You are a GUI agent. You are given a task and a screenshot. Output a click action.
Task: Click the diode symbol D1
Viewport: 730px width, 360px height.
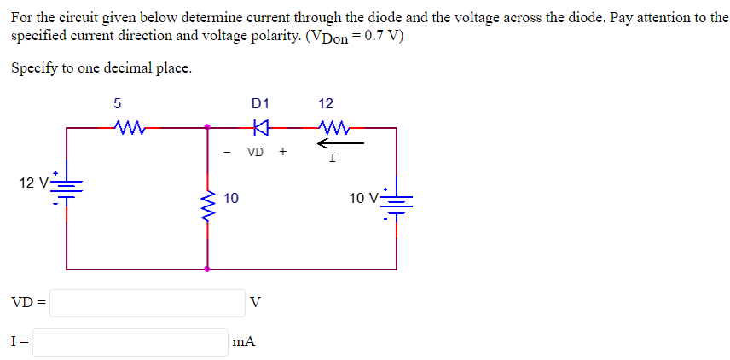261,128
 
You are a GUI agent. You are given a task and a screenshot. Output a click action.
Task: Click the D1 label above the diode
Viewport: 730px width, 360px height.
261,104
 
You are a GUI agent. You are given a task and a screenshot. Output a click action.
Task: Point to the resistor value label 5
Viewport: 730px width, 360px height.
117,104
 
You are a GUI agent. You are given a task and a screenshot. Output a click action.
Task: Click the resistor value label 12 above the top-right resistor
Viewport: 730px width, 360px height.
326,104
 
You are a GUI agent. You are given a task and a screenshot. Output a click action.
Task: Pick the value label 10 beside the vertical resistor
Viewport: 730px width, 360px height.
230,198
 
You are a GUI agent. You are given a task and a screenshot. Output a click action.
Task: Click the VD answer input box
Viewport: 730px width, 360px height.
147,303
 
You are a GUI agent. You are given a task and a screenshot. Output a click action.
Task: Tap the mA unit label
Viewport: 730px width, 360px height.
244,342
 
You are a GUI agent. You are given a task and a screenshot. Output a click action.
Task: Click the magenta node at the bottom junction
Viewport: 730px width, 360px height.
207,269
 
